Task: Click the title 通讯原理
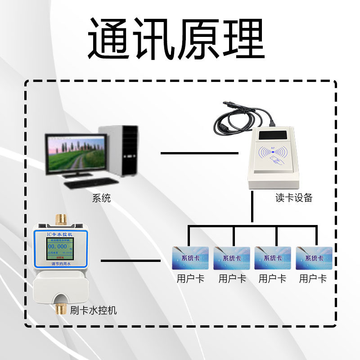coord(175,40)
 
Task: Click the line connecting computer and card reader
coord(199,153)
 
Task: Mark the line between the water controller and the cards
coord(130,260)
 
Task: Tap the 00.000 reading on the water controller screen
coord(57,247)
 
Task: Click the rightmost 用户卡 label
coord(313,279)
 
